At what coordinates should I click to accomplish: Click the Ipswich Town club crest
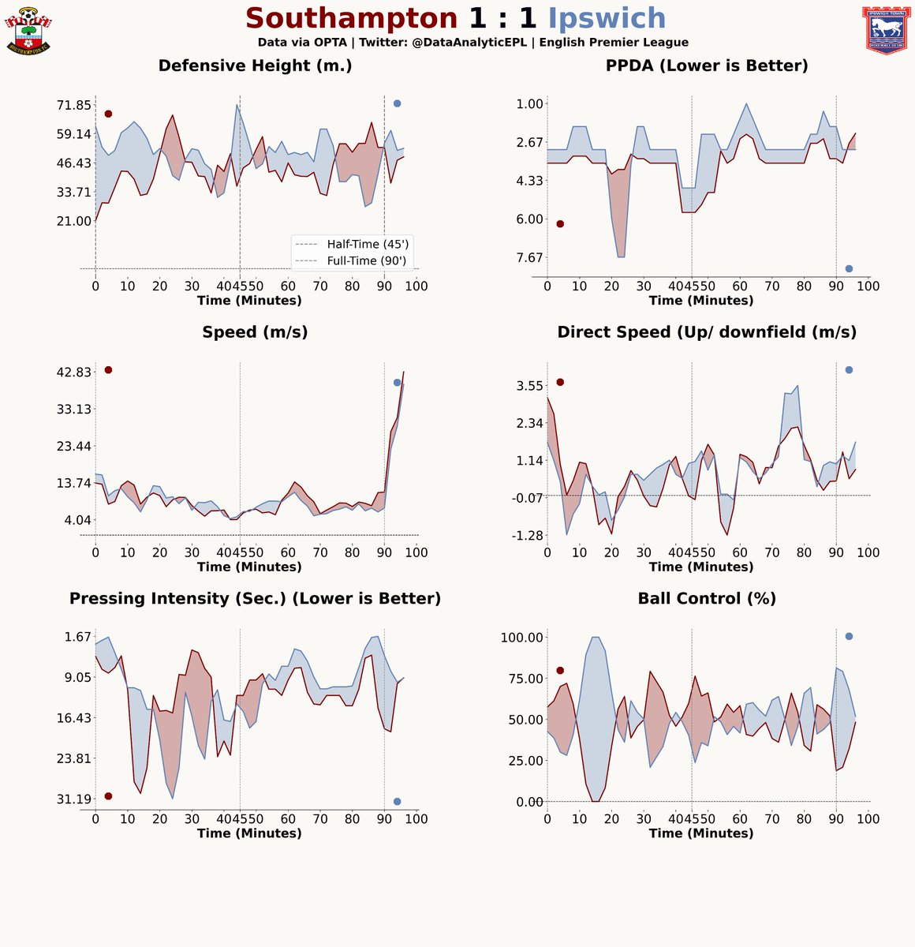[x=886, y=32]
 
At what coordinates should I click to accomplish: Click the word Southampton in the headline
[x=352, y=18]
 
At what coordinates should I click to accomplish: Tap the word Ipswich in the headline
[x=607, y=18]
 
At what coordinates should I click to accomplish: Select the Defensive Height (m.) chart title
[x=255, y=66]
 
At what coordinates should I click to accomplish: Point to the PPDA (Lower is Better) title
[x=707, y=66]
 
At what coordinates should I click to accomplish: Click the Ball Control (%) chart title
[x=707, y=599]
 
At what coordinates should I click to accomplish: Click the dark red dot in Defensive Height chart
[x=108, y=114]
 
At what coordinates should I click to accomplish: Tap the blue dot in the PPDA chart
[x=849, y=269]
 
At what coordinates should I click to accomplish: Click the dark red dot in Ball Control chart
[x=560, y=670]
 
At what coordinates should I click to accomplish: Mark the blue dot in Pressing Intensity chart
[x=397, y=802]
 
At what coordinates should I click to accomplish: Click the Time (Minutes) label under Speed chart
[x=249, y=567]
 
